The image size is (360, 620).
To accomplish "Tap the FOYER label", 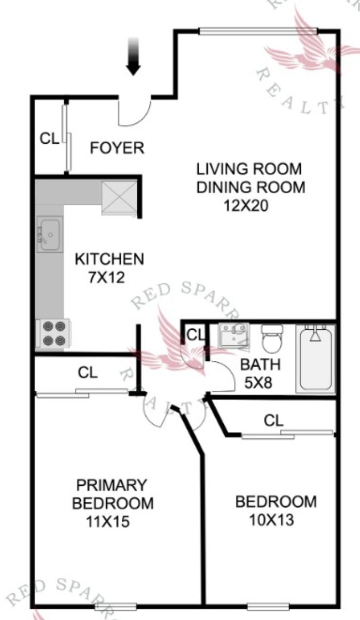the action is (117, 148).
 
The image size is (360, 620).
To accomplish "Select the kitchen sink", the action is (50, 234).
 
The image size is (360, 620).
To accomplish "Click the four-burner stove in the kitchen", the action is (53, 333).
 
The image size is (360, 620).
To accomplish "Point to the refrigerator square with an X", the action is (119, 198).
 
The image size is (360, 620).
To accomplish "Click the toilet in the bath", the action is (272, 338).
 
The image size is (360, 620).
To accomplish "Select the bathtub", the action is (315, 359).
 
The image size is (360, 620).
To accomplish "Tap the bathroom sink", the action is (233, 335).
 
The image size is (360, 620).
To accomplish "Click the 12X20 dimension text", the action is (246, 206).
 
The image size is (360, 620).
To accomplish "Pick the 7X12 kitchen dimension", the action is (106, 277).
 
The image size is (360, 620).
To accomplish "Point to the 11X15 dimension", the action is (107, 522).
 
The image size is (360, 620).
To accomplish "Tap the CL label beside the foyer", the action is (50, 139).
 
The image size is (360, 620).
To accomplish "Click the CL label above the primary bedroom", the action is (88, 372).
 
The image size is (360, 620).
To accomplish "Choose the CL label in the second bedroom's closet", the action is (274, 420).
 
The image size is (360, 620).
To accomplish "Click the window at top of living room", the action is (259, 31).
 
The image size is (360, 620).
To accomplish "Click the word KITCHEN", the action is (109, 259).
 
